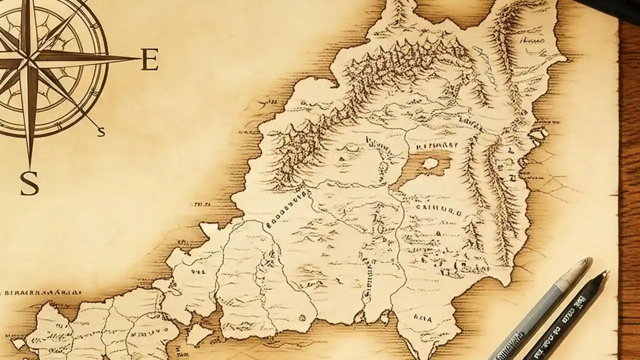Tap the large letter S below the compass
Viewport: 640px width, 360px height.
[29, 183]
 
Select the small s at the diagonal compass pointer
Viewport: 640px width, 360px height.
[101, 131]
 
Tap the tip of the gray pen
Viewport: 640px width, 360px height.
[590, 260]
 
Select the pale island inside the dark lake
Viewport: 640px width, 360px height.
[430, 162]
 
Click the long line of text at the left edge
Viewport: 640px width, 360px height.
[42, 292]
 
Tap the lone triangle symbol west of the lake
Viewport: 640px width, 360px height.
[341, 159]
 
